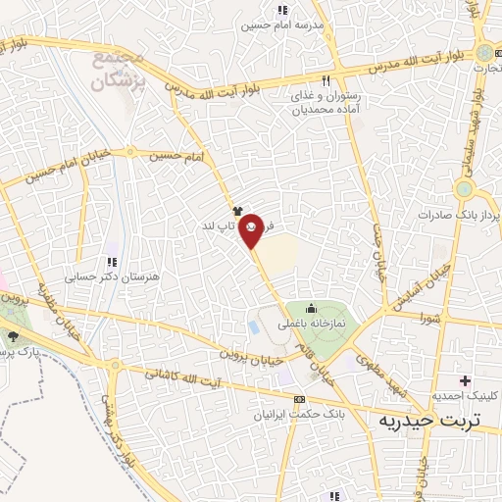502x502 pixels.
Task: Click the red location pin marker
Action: pyautogui.click(x=253, y=231)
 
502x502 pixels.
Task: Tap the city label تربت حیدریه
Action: pyautogui.click(x=430, y=421)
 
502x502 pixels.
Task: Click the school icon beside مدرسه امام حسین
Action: pyautogui.click(x=283, y=23)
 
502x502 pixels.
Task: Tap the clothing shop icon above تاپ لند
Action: pyautogui.click(x=236, y=210)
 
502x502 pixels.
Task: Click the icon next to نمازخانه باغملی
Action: pyautogui.click(x=313, y=310)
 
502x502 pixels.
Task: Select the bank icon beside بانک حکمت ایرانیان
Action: pyautogui.click(x=298, y=399)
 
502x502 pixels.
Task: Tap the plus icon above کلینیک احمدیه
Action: pyautogui.click(x=465, y=380)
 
